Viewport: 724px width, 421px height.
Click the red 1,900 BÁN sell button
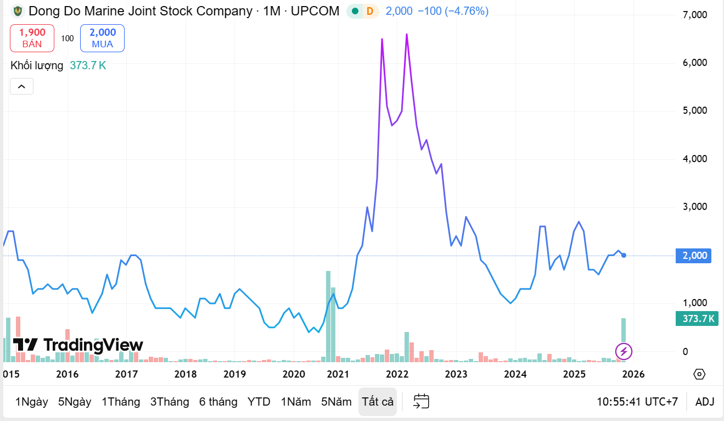32,38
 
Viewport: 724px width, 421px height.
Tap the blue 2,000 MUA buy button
102,38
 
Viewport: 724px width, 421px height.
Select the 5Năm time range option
336,402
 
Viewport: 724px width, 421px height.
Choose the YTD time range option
259,402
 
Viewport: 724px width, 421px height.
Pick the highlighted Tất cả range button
378,402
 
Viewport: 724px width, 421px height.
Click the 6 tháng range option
218,402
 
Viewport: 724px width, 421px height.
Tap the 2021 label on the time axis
338,374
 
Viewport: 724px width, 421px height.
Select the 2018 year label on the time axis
185,374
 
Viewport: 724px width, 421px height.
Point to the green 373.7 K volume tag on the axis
697,318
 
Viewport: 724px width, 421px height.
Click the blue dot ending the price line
624,255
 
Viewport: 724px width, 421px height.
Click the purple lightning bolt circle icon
624,351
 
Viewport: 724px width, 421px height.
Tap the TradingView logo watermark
78,345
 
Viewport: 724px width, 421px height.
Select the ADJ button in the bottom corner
705,402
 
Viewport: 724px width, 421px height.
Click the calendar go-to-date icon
421,402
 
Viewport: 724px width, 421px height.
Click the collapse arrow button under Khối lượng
21,86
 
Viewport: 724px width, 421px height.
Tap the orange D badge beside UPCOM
371,11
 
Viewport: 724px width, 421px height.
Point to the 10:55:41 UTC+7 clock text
637,402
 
